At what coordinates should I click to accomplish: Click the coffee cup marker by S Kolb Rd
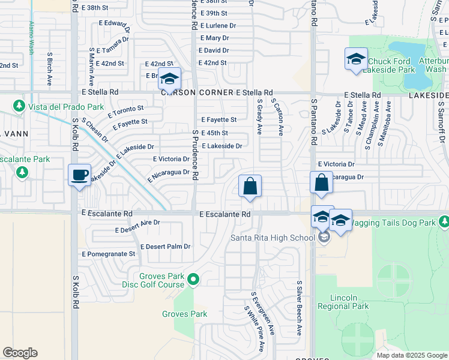(x=79, y=175)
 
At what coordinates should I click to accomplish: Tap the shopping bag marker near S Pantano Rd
(x=321, y=182)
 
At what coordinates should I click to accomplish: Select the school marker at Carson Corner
(x=169, y=79)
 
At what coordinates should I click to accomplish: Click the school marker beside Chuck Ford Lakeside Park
(x=356, y=59)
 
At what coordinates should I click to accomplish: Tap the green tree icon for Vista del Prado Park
(x=20, y=106)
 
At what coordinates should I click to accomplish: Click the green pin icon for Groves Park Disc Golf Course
(x=193, y=280)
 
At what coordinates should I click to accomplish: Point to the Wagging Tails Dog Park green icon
(x=444, y=223)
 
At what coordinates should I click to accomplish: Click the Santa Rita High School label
(x=273, y=238)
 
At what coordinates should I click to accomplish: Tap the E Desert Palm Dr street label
(x=165, y=247)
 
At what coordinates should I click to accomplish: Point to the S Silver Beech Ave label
(x=298, y=308)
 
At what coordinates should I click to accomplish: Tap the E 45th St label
(x=214, y=133)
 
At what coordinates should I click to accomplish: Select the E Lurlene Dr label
(x=218, y=26)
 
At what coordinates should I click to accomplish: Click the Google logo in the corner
(x=20, y=353)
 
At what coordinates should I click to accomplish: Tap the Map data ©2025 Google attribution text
(x=411, y=355)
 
